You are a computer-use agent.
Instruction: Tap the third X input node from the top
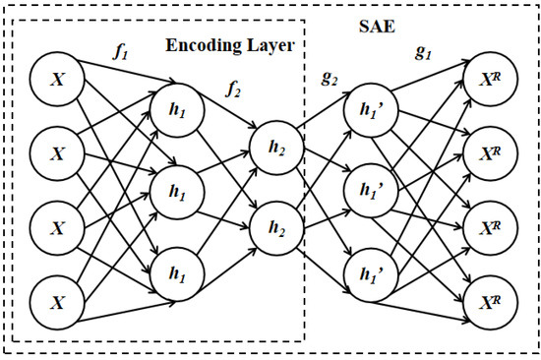pos(56,227)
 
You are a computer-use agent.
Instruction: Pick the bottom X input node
pos(56,302)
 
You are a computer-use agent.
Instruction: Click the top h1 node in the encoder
pos(174,113)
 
